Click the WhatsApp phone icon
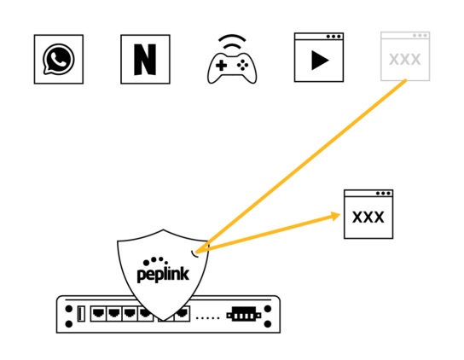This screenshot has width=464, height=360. coord(58,59)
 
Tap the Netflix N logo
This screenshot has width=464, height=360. coord(145,60)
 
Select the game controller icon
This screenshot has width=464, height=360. coord(232,67)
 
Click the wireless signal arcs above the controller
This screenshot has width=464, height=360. coord(232,41)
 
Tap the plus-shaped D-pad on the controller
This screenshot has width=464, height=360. coord(221,66)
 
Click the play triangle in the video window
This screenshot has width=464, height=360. coord(320,61)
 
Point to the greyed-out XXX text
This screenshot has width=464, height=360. coord(405,59)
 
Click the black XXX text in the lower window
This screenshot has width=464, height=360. coord(368,217)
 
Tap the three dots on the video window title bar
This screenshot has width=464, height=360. coord(333,37)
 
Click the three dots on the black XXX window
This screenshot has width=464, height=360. coord(383,194)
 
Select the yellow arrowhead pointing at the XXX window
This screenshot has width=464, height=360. coord(336,216)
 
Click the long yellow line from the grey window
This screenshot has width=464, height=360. coord(301,166)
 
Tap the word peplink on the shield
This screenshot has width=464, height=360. coord(163,274)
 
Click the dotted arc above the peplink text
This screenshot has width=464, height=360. coord(155,260)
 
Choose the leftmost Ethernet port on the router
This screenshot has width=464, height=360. coord(98,314)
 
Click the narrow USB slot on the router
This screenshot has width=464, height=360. coord(81,314)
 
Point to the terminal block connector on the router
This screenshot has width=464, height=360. coord(244,315)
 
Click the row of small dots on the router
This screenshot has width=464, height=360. coord(208,318)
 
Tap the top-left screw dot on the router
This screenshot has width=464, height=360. coord(69,309)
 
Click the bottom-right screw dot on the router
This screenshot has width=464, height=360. coord(268,324)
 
